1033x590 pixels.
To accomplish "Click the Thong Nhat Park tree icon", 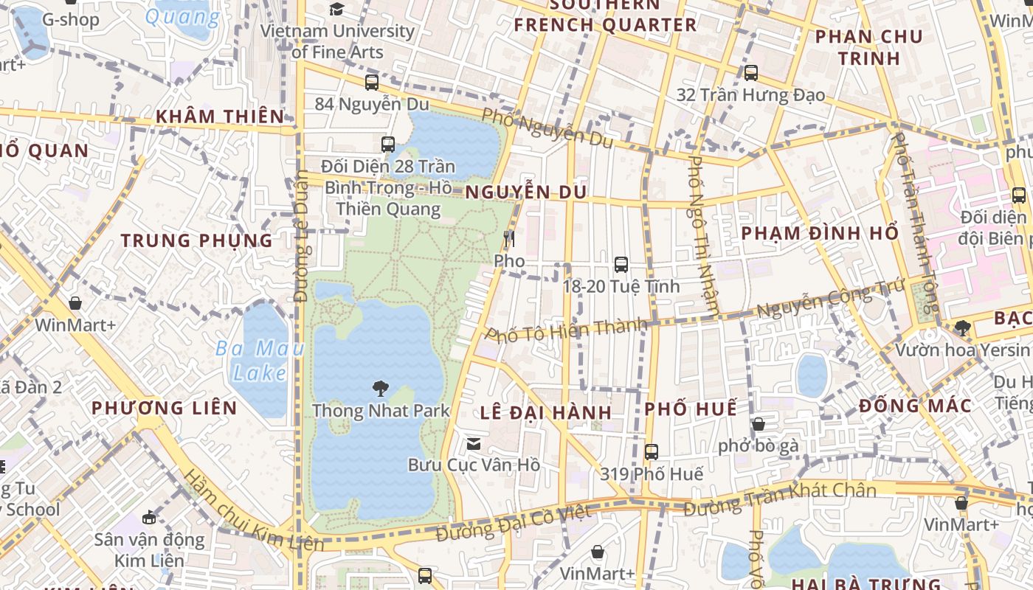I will [380, 388].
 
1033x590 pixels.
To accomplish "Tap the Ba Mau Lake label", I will [260, 360].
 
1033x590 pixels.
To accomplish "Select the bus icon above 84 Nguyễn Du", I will [372, 83].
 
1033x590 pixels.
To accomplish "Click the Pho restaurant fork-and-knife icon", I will [508, 238].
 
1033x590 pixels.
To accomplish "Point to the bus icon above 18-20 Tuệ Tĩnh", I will [621, 264].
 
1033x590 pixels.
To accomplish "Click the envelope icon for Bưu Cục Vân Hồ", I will [474, 443].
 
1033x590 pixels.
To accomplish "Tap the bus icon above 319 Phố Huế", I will [652, 452].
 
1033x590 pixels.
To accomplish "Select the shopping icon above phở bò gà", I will [758, 424].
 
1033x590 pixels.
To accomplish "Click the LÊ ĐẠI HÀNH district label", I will [546, 412].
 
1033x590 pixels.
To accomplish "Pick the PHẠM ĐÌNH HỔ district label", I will [820, 234].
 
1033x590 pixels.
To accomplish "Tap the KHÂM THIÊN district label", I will [220, 117].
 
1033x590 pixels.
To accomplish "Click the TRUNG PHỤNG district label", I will [197, 240].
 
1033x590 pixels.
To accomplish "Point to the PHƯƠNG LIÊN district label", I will [164, 408].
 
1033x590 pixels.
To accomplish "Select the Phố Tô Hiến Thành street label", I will [567, 329].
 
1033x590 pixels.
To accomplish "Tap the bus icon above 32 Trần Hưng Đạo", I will [751, 73].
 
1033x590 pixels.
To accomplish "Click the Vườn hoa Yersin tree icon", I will [961, 327].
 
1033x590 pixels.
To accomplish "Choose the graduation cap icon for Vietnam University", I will [336, 10].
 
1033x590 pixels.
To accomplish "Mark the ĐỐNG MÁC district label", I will [915, 406].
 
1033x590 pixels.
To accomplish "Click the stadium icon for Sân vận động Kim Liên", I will [149, 517].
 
